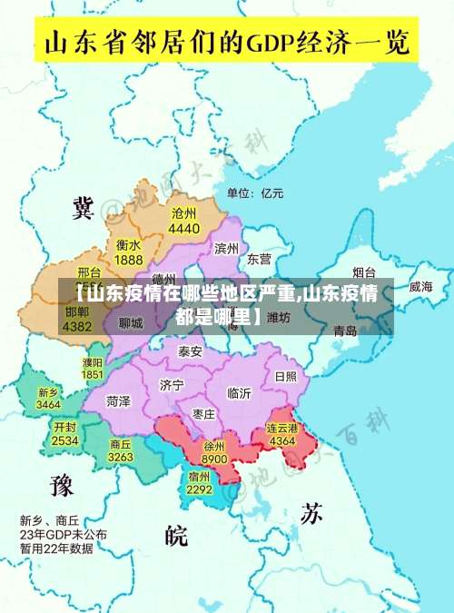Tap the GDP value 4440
coord(183,228)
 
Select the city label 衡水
coord(128,245)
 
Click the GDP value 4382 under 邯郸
coord(77,325)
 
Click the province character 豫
coord(61,486)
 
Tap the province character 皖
coord(176,536)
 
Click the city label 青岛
coord(345,331)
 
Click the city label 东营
coord(259,259)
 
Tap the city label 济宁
coord(171,384)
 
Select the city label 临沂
coord(239,392)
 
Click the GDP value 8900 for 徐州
coord(214,460)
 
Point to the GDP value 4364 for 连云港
coord(282,440)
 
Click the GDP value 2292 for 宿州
coord(200,489)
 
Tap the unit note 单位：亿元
coord(255,193)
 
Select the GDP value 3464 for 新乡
coord(49,404)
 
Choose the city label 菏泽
coord(118,400)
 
